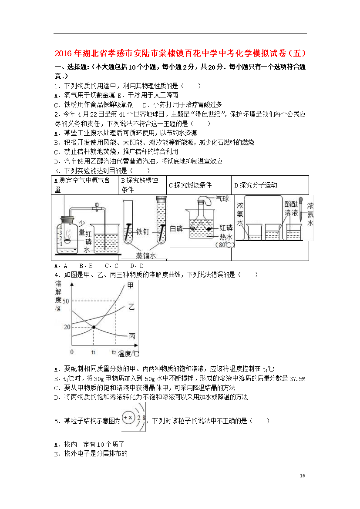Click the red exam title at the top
[180, 53]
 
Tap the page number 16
[303, 476]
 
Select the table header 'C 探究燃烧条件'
[190, 185]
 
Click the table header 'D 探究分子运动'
[256, 185]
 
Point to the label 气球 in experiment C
[222, 199]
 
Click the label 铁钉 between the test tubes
[143, 231]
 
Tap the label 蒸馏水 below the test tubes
[146, 256]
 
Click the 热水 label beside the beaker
[226, 237]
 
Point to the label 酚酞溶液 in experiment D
[291, 208]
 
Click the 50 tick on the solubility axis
[66, 301]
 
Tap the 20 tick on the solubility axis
[67, 327]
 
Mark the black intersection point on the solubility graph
[94, 327]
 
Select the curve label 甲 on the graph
[130, 285]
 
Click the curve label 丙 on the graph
[132, 336]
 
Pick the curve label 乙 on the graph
[131, 307]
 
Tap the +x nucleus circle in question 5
[128, 418]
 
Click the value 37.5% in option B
[297, 378]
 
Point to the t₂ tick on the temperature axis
[114, 352]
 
